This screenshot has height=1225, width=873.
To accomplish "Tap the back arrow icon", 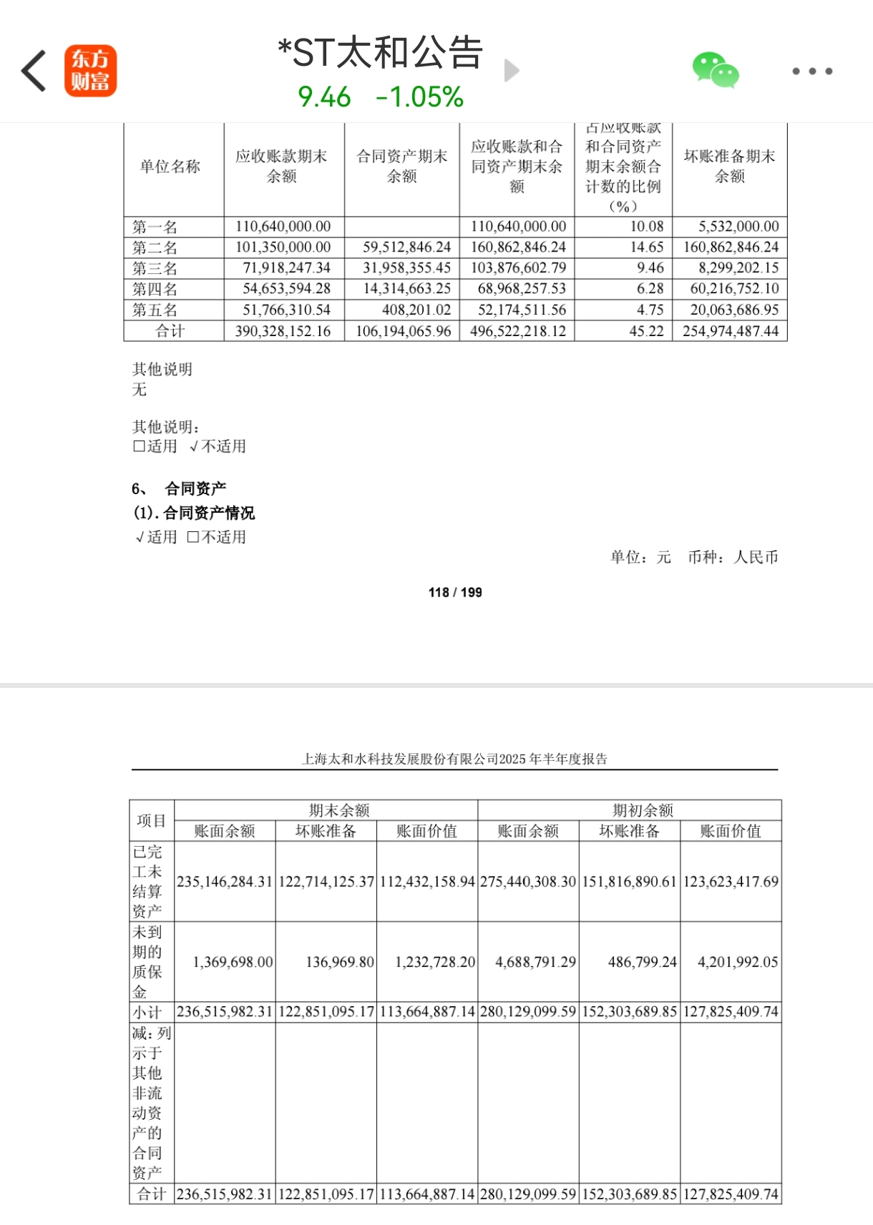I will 34,71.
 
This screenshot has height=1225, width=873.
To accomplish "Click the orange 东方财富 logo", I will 90,71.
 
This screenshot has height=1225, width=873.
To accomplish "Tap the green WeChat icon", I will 715,70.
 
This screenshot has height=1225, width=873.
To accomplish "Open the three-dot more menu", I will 812,71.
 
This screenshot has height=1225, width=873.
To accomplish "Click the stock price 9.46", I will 324,97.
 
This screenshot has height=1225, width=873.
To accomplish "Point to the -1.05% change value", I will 420,97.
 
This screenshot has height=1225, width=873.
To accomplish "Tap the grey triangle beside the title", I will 511,71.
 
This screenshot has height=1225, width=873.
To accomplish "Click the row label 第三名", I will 155,268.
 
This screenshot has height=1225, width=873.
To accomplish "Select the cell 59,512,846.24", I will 406,247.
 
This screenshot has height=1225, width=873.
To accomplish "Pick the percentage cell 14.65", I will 647,247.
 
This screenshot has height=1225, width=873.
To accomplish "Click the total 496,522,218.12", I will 518,331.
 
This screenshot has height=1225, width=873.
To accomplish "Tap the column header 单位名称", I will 170,167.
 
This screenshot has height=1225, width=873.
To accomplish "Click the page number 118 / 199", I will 455,592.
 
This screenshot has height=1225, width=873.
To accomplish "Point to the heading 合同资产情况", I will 208,513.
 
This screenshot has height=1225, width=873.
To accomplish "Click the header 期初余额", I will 643,810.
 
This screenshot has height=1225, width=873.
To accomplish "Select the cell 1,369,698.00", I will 233,962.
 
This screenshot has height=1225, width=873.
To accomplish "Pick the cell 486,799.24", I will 642,962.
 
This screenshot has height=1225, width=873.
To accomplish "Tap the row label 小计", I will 147,1012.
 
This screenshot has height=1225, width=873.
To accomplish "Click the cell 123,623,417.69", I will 731,882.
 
